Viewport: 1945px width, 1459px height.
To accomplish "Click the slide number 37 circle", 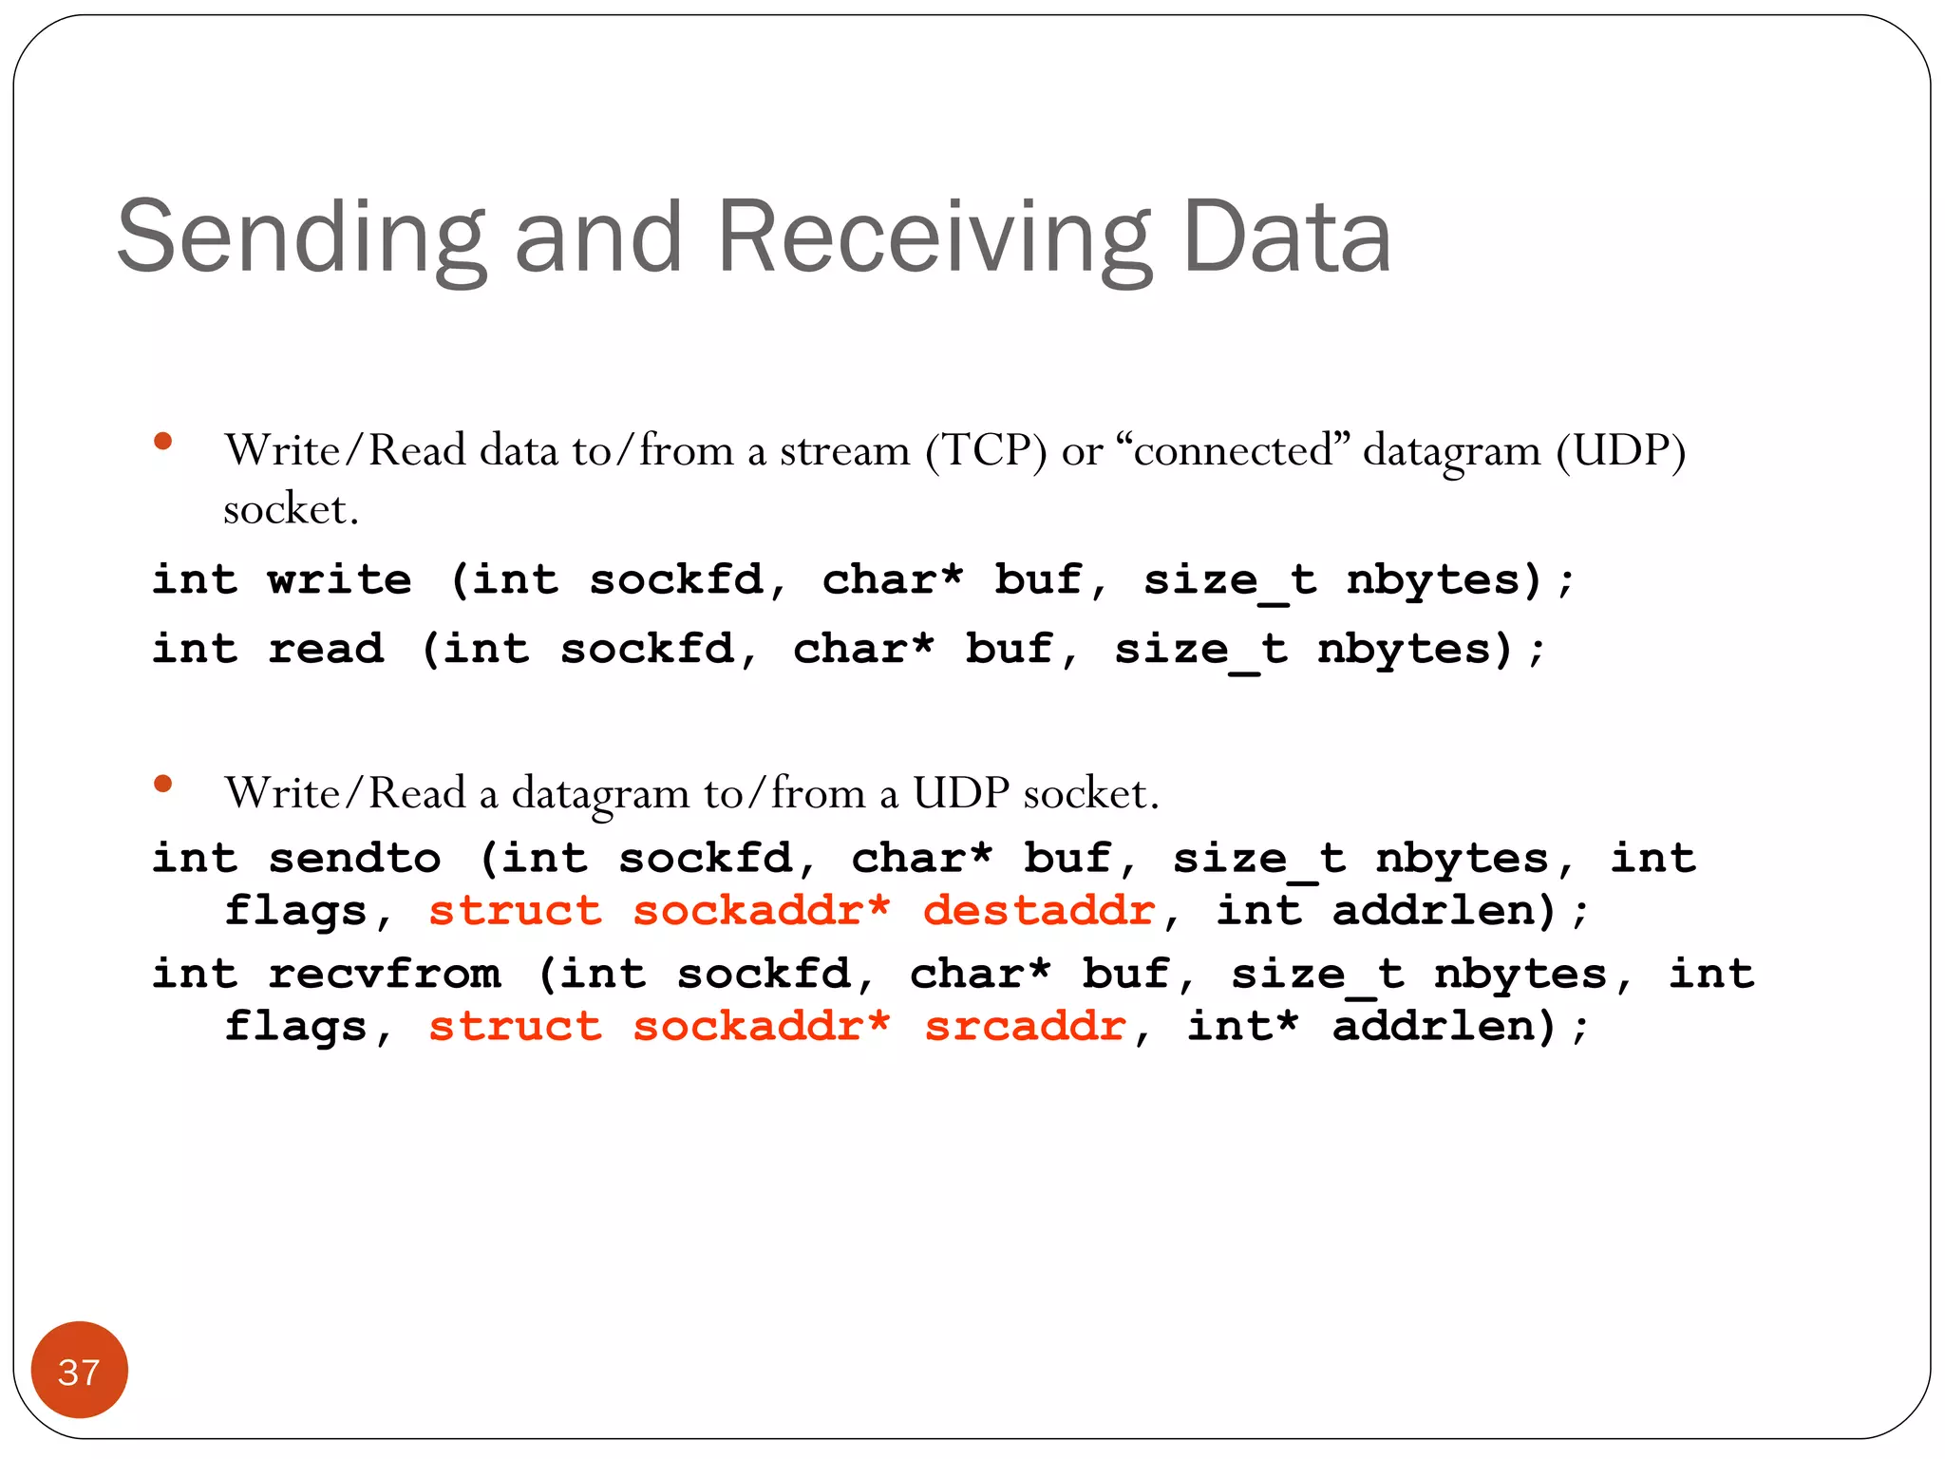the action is (79, 1370).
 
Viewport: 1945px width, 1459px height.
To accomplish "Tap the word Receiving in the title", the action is (935, 237).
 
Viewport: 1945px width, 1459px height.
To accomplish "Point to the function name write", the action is (339, 579).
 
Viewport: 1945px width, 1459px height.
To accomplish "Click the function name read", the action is (326, 650).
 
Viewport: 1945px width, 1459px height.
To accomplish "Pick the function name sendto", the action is (354, 859).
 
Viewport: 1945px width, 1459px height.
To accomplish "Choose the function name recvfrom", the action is (384, 975).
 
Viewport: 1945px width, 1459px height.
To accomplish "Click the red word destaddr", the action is (1039, 911).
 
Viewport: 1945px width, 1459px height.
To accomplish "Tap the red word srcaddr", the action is (1025, 1027).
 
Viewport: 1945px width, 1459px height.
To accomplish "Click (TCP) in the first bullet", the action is (987, 451).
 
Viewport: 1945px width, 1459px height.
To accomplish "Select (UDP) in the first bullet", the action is (1620, 451).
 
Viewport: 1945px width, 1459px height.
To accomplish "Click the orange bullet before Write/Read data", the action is (163, 441).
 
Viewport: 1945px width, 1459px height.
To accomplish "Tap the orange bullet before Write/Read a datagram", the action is (163, 784).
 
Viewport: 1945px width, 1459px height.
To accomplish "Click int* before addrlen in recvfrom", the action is (1242, 1027).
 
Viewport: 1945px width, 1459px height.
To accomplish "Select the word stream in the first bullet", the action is (844, 451).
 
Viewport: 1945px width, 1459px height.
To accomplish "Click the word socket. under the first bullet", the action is (291, 510).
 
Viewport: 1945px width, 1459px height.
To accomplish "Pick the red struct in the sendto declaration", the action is (515, 911).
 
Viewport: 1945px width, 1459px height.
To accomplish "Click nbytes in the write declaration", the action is (1433, 579).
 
